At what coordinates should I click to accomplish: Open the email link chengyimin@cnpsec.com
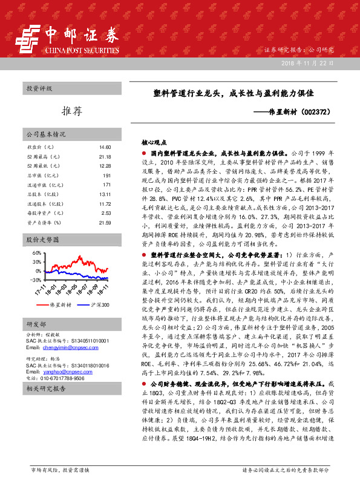click(59, 348)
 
